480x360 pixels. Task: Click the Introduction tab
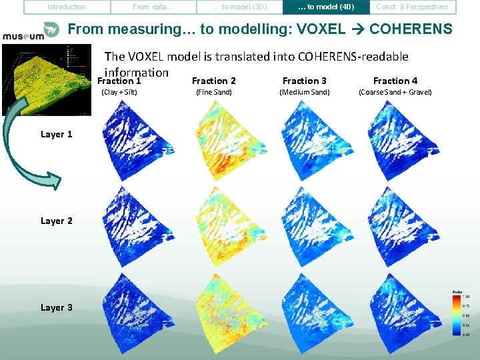click(x=67, y=7)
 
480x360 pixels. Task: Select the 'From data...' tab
click(x=152, y=7)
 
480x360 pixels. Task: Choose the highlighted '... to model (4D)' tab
click(x=326, y=7)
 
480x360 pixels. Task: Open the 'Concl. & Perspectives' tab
click(x=413, y=7)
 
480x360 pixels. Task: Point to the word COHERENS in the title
click(x=410, y=30)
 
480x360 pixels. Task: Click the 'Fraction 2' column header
click(x=213, y=81)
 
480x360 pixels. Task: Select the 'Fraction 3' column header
click(x=305, y=81)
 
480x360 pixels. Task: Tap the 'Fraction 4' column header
click(x=395, y=81)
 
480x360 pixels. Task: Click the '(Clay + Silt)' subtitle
click(x=119, y=92)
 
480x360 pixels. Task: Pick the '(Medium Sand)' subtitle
click(x=305, y=92)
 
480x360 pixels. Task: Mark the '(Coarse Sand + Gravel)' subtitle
click(x=395, y=92)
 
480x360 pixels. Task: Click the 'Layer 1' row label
click(x=57, y=135)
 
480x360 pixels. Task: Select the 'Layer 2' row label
click(x=57, y=221)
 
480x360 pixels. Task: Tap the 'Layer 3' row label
click(x=57, y=308)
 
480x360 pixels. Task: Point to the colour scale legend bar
click(x=457, y=313)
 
